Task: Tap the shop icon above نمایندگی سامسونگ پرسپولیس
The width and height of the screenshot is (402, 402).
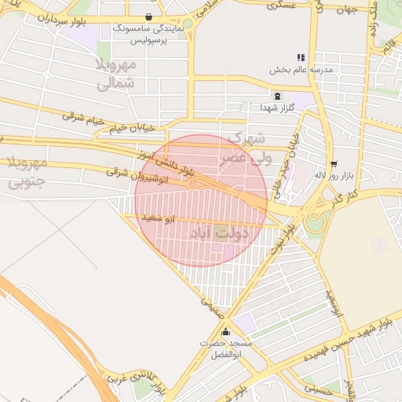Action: (149, 16)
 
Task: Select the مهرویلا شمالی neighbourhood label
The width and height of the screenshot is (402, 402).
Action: (116, 73)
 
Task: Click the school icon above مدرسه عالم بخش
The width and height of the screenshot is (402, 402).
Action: (300, 57)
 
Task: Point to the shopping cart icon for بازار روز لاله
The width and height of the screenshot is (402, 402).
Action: (334, 164)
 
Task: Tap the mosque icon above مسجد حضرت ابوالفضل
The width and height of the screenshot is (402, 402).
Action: (226, 332)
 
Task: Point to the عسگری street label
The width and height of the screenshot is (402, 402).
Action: (281, 5)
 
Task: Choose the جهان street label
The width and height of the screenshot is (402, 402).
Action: (345, 10)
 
